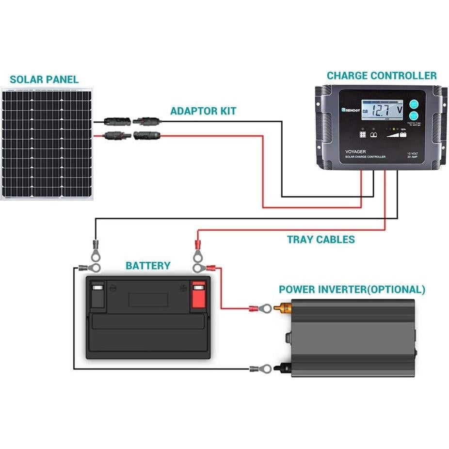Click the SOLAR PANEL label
coord(44,80)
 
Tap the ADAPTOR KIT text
coord(203,111)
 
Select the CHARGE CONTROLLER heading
coord(382,76)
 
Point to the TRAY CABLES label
coord(321,240)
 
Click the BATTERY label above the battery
coord(148,266)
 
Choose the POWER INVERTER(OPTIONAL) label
coord(352,290)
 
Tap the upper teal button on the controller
coord(413,104)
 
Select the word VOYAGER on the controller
coord(356,151)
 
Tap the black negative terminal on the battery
coord(97,294)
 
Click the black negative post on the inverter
coord(281,369)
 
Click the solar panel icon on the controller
coord(362,135)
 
